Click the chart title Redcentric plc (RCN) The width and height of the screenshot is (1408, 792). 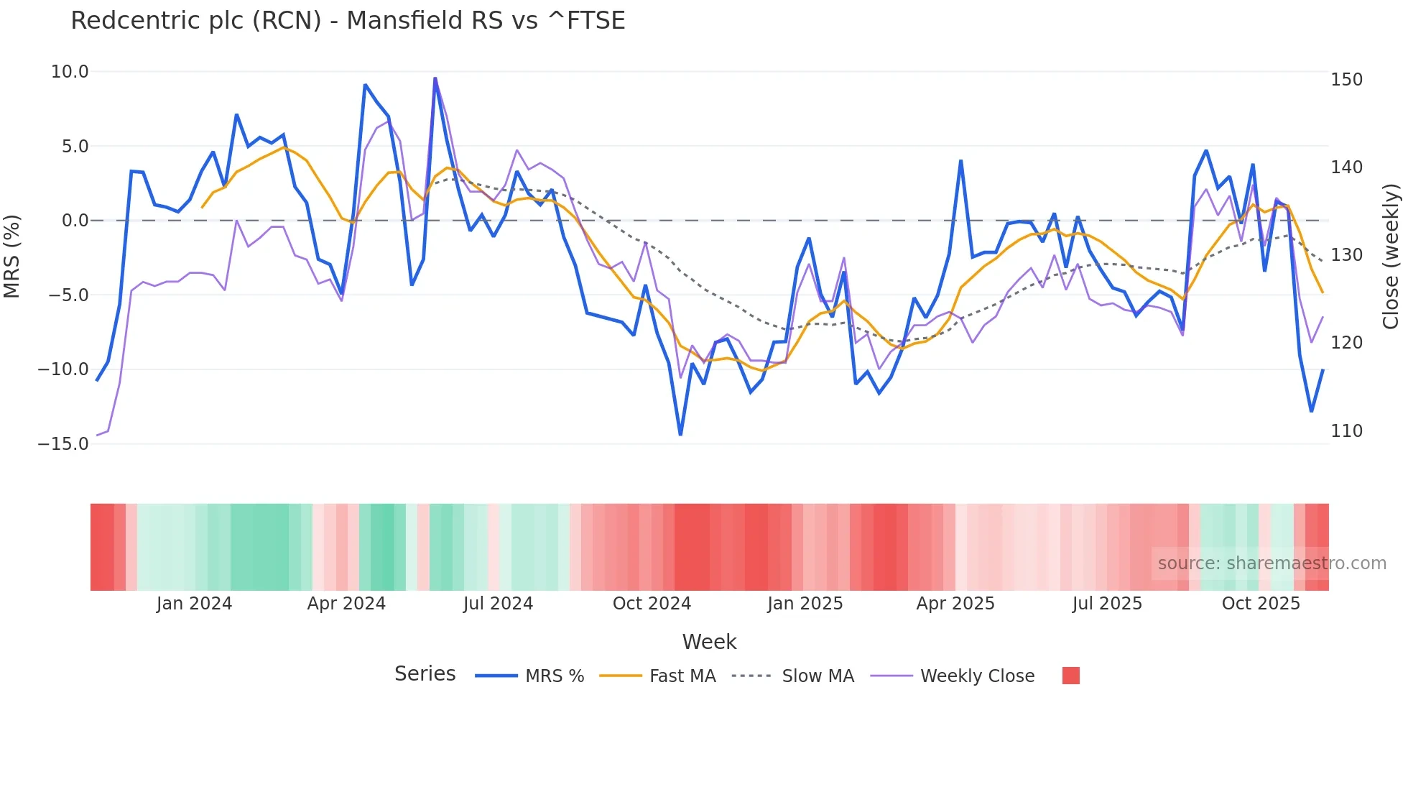[348, 21]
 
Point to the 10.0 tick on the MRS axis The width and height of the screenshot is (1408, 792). [70, 72]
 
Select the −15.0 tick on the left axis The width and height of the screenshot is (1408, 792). [63, 443]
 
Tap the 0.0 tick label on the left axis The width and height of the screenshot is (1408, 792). [75, 221]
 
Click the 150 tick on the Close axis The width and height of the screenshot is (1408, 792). [1346, 80]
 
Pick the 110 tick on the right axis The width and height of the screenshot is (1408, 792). [1346, 431]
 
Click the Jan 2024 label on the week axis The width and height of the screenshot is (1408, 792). [194, 604]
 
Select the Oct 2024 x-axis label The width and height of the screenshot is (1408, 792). [652, 604]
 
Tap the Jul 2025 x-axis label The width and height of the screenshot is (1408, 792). [1107, 604]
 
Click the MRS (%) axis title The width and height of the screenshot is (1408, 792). [12, 257]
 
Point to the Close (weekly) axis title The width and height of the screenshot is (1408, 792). [1391, 257]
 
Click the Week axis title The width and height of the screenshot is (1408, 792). [709, 642]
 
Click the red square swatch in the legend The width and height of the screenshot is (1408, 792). [1070, 676]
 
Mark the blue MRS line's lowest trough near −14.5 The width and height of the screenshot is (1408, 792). [680, 434]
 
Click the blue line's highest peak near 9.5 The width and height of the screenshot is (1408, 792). [435, 78]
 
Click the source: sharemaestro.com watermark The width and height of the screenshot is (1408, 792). [1272, 563]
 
